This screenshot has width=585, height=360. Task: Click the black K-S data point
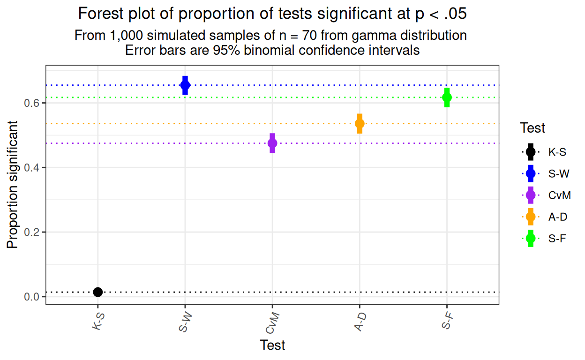click(97, 292)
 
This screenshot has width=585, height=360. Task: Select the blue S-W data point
click(185, 85)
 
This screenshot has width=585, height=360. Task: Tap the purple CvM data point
click(272, 143)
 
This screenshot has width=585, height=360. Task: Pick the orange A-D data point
click(360, 123)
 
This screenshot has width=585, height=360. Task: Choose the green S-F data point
click(447, 97)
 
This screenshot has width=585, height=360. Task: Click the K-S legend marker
click(531, 152)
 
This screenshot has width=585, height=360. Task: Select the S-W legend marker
click(531, 173)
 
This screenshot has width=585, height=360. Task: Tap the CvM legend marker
click(531, 195)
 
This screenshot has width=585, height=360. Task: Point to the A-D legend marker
click(531, 217)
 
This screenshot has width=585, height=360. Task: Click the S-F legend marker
click(531, 238)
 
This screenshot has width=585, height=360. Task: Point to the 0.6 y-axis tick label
click(31, 103)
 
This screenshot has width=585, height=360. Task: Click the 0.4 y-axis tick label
click(31, 168)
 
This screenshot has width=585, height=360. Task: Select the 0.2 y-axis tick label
click(31, 232)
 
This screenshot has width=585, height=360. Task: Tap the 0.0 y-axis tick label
click(31, 297)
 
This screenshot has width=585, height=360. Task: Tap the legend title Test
click(532, 128)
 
